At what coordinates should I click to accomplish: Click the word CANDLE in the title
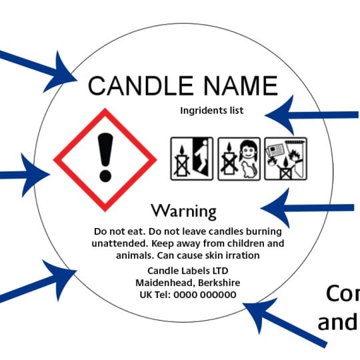click(141, 85)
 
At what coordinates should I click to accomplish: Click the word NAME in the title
click(241, 85)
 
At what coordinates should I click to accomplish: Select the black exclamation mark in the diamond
click(105, 157)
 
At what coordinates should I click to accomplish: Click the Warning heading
click(184, 211)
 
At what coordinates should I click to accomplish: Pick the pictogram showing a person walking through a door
click(192, 159)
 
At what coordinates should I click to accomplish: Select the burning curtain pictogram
click(285, 159)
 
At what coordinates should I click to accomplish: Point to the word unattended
click(120, 243)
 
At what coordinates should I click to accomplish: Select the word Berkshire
click(219, 283)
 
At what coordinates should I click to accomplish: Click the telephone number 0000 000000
click(205, 295)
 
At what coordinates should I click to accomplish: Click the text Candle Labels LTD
click(188, 271)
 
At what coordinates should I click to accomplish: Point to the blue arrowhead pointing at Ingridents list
click(281, 115)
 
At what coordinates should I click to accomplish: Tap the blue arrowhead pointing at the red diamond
click(35, 175)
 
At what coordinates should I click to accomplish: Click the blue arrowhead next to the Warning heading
click(276, 208)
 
